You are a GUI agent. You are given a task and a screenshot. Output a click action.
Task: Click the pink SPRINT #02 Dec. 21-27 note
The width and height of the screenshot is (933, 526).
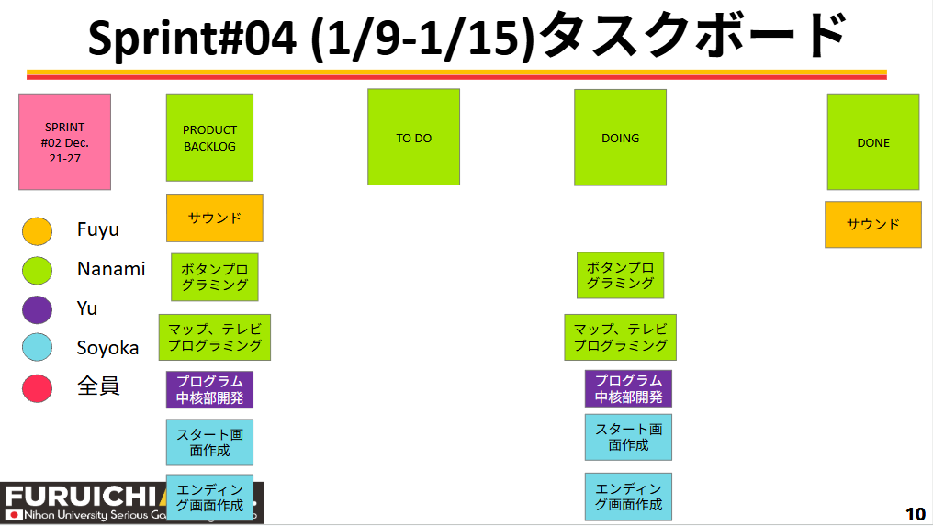click(x=64, y=142)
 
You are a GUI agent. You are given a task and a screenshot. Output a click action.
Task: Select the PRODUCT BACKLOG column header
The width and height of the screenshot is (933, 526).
click(x=209, y=138)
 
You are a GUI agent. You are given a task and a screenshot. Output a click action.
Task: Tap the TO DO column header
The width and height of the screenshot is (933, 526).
click(x=413, y=137)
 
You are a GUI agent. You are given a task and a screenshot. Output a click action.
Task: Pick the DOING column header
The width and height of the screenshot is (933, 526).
click(x=620, y=137)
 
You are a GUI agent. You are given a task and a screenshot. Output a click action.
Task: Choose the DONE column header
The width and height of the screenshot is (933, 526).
click(x=872, y=142)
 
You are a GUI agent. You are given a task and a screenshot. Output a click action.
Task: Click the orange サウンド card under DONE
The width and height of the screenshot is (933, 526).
click(x=872, y=225)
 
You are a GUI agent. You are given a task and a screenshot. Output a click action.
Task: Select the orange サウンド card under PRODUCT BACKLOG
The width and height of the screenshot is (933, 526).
click(x=215, y=218)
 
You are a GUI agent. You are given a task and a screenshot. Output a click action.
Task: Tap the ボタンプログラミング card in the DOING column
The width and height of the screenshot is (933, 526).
click(x=620, y=275)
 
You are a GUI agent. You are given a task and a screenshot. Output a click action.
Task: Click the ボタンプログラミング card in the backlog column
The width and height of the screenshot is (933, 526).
click(x=215, y=277)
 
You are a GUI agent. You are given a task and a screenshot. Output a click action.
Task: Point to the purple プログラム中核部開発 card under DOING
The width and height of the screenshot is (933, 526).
click(x=628, y=388)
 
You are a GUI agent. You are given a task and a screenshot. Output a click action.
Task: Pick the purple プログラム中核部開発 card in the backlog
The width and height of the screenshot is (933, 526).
click(x=209, y=389)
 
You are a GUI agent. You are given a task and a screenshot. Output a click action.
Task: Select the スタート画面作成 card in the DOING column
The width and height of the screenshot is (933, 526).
click(x=628, y=437)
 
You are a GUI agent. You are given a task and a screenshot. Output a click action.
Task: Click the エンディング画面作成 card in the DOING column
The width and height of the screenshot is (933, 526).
click(x=628, y=497)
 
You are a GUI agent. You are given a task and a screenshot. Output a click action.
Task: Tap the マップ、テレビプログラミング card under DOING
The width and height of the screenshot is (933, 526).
click(x=621, y=337)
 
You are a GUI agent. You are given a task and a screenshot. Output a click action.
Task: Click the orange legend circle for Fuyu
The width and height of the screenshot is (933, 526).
click(x=37, y=230)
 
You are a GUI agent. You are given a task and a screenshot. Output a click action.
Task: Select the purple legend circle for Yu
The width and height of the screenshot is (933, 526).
click(x=37, y=309)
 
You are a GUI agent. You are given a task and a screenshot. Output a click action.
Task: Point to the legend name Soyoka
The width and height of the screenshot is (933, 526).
click(x=107, y=348)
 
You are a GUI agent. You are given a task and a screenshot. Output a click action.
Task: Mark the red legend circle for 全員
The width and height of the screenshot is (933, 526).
click(x=37, y=387)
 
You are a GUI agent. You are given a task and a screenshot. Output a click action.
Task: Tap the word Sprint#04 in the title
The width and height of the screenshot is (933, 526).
click(x=193, y=39)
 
